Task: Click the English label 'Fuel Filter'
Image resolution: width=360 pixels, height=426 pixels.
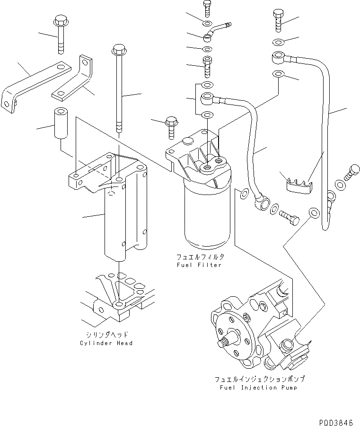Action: [199, 265]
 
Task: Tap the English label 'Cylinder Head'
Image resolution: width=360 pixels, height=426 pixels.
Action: [106, 343]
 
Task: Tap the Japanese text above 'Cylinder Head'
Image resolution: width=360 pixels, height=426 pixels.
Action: [106, 334]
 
